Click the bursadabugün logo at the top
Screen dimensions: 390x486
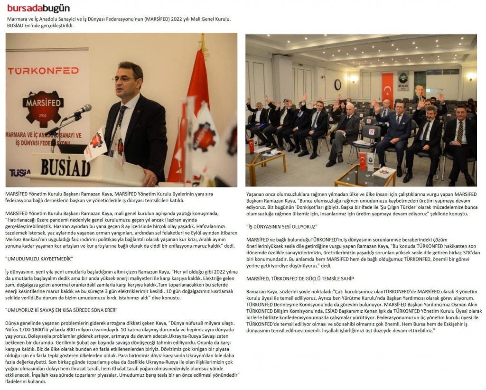pos(38,8)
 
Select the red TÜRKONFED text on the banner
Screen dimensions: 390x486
pos(43,70)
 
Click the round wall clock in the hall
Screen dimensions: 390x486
pos(337,84)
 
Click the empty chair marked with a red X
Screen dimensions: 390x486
pos(372,132)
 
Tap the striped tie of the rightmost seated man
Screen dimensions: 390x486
pos(459,131)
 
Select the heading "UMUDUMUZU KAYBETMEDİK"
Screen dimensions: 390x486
pos(38,260)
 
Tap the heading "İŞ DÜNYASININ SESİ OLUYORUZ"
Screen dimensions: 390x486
pos(282,227)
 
